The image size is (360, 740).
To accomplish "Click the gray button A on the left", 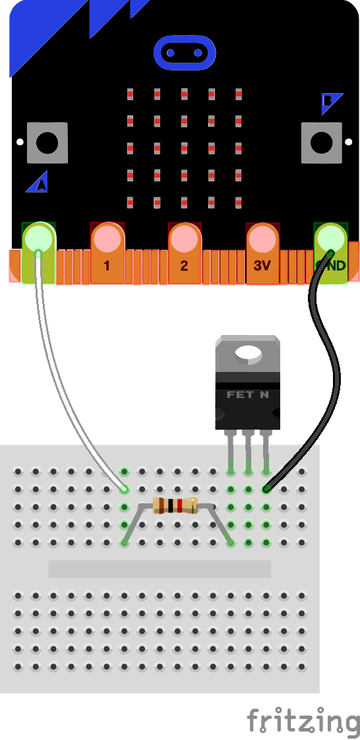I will (x=47, y=142).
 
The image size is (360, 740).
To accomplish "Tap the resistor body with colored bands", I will (x=175, y=506).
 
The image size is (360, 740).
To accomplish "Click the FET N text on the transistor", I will (x=247, y=395).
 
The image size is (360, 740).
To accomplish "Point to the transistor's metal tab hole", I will (x=249, y=354).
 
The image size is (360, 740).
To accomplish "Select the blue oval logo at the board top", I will (x=185, y=52).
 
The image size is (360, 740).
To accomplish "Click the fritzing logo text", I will (x=303, y=720).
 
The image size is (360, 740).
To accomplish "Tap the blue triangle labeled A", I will (x=38, y=183).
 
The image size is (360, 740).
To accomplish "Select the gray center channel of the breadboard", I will (x=160, y=569).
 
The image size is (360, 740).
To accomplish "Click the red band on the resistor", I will (x=179, y=506).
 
